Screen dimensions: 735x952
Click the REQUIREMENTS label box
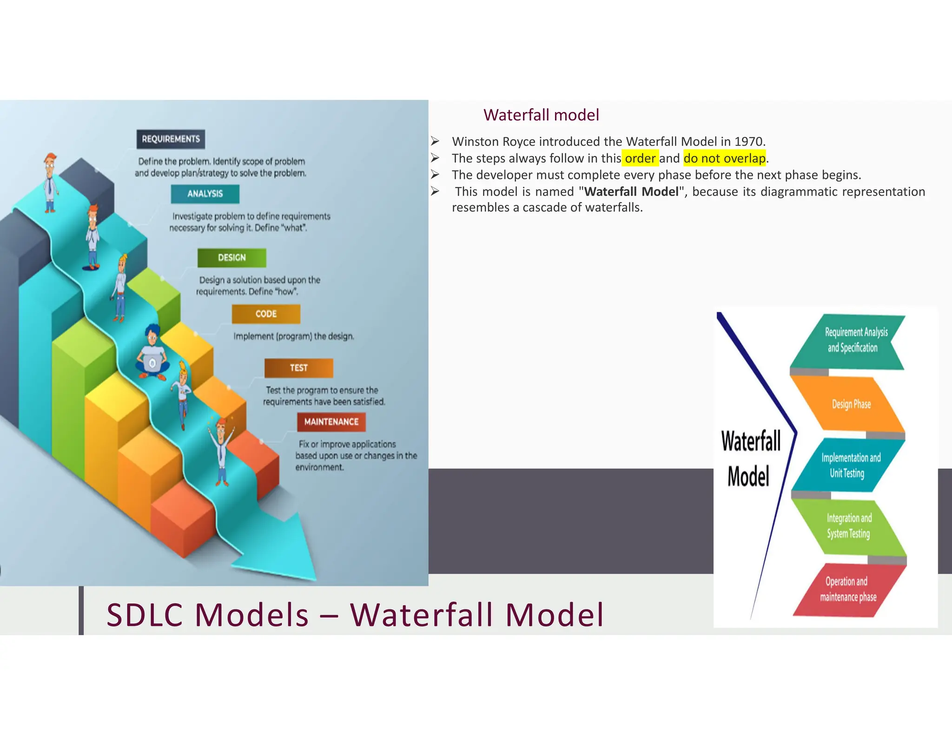click(x=171, y=139)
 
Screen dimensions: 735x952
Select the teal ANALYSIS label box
click(x=205, y=194)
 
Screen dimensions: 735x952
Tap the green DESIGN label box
click(x=231, y=257)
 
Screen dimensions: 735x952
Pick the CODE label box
click(x=266, y=314)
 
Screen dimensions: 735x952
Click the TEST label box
click(x=298, y=368)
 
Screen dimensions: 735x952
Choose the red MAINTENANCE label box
click(x=331, y=422)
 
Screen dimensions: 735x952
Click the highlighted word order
click(x=640, y=158)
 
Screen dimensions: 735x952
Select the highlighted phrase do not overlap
click(x=724, y=158)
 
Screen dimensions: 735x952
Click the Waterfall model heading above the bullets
click(x=541, y=115)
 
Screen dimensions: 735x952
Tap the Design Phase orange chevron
click(x=851, y=404)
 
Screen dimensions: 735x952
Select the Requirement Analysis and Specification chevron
click(x=853, y=341)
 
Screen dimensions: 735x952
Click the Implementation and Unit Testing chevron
click(x=850, y=465)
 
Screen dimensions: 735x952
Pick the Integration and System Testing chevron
click(x=849, y=526)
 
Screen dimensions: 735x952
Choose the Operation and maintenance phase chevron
click(x=848, y=589)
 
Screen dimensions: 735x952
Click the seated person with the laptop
click(x=152, y=354)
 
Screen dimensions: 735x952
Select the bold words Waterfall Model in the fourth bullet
click(x=631, y=192)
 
